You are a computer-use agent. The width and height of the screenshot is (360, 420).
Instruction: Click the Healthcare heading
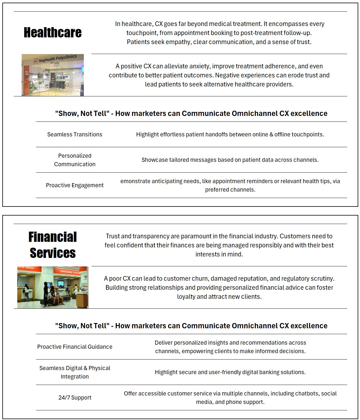click(x=53, y=32)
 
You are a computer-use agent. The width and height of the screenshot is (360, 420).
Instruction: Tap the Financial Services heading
click(x=53, y=245)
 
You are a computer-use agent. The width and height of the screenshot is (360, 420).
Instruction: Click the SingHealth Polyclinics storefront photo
click(x=53, y=75)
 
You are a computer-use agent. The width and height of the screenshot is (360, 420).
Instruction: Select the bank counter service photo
click(x=53, y=287)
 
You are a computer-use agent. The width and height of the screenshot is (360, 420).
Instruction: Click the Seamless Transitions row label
click(x=75, y=134)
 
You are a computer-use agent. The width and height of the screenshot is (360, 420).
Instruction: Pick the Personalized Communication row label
click(x=75, y=160)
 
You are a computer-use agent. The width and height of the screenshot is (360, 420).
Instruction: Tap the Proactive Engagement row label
click(x=75, y=185)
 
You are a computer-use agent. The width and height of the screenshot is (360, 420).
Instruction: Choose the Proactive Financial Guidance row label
click(x=75, y=347)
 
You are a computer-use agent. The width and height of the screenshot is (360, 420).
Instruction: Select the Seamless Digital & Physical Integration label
click(x=75, y=372)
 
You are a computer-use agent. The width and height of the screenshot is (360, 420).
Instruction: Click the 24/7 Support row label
click(x=75, y=398)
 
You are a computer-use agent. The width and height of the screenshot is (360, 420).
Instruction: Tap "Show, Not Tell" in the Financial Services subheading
click(x=82, y=326)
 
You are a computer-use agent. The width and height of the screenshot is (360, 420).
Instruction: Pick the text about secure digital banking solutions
click(x=230, y=372)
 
